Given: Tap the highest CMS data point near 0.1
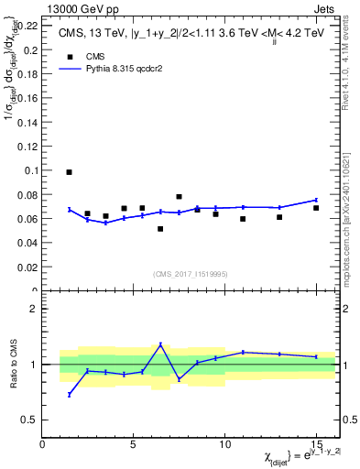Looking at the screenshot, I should (x=70, y=172).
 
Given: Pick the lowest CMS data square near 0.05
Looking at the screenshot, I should (x=160, y=229).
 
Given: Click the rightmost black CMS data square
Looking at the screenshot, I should (x=316, y=208).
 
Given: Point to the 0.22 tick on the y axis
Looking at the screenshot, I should (x=29, y=25).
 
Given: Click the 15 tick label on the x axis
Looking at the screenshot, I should (x=316, y=444).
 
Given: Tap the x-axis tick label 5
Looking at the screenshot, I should (x=134, y=444).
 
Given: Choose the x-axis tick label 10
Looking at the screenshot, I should (x=224, y=444).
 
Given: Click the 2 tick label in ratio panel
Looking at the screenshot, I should (x=35, y=310).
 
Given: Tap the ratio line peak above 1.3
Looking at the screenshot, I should (x=160, y=344).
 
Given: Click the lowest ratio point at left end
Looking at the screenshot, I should (x=70, y=394).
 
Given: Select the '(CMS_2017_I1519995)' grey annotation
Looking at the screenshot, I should (x=190, y=272).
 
